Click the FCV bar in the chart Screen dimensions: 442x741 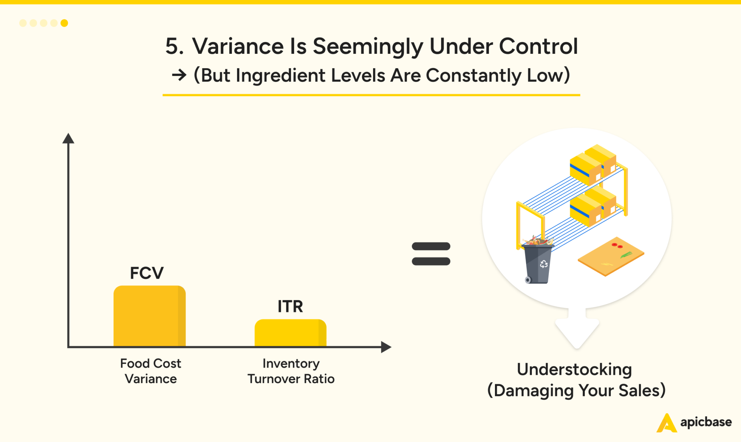[149, 316]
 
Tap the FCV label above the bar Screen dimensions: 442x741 [147, 273]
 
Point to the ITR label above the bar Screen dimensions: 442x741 [290, 306]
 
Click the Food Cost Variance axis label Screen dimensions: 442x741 [151, 371]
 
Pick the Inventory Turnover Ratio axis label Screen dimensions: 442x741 [291, 371]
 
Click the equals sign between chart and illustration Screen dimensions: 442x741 [431, 254]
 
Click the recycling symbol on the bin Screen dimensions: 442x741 [543, 264]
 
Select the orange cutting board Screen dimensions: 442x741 [611, 256]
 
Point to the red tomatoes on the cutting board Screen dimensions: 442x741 [617, 246]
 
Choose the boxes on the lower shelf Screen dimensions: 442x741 [593, 206]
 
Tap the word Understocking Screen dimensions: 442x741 [574, 369]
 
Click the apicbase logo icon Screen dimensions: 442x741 [666, 423]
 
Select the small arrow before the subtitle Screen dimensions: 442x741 [179, 75]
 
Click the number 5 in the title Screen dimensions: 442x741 [172, 46]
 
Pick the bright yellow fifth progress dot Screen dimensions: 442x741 [64, 23]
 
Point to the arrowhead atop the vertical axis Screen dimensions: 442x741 [68, 138]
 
